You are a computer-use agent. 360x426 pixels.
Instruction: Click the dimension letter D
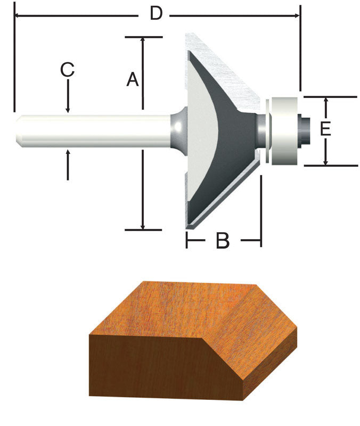(155, 13)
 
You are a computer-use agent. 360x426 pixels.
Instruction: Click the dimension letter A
(133, 80)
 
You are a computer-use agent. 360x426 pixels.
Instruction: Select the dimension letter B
(222, 241)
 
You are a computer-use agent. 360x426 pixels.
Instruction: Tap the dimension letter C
(67, 70)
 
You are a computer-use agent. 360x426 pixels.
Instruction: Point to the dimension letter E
(326, 129)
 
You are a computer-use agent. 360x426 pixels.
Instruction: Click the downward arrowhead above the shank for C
(68, 109)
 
